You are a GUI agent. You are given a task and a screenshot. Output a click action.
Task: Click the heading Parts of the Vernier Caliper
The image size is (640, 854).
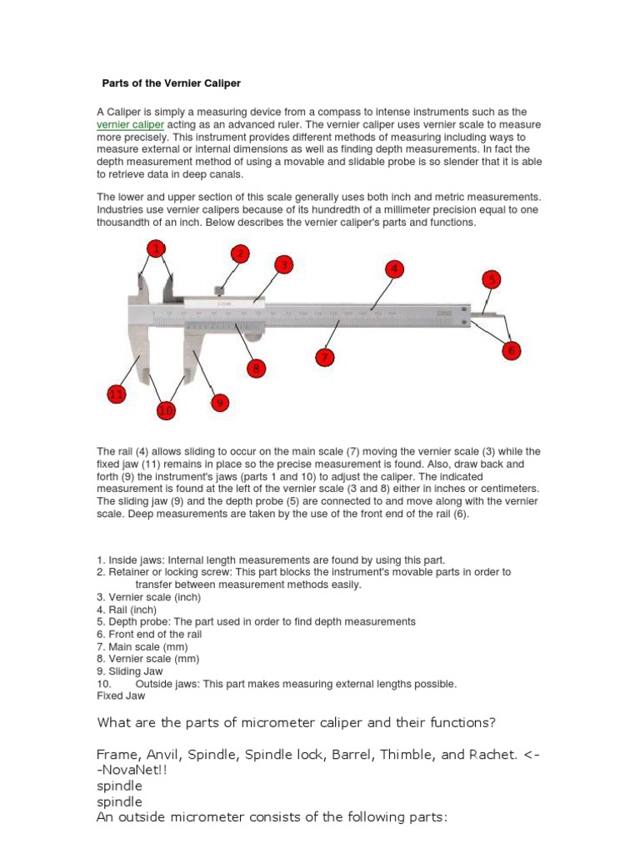171,83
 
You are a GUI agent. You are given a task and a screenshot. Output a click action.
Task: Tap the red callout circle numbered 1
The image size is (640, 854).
155,248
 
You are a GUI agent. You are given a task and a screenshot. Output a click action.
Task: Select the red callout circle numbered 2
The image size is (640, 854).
239,254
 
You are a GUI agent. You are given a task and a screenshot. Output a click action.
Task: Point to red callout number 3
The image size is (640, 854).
284,265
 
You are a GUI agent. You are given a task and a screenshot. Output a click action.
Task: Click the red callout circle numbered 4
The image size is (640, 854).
394,269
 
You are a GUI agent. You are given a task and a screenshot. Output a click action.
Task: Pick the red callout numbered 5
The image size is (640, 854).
492,279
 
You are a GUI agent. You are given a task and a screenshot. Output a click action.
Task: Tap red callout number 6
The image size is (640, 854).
511,351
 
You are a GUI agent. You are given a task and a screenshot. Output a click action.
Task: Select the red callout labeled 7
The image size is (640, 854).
324,357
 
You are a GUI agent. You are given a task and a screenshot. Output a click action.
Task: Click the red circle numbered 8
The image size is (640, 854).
256,367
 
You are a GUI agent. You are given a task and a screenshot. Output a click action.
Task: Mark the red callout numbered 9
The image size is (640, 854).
219,403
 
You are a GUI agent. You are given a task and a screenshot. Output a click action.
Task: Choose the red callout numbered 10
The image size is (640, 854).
167,410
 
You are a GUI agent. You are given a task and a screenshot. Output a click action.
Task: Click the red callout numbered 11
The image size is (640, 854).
117,394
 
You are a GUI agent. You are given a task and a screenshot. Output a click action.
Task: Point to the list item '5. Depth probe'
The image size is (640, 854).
256,621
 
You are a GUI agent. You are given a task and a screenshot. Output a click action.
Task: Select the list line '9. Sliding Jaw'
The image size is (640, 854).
130,671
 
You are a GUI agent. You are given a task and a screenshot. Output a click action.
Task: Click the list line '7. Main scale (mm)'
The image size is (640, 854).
142,646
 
